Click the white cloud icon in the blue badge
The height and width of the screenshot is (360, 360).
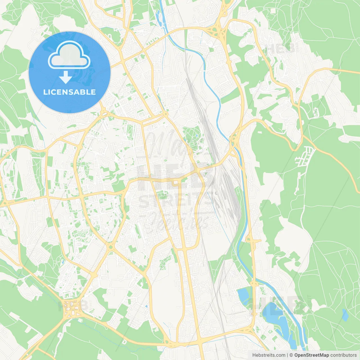tap(69, 55)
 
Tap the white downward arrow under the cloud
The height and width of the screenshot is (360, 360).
tap(66, 77)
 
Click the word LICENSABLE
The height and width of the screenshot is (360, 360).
tap(69, 92)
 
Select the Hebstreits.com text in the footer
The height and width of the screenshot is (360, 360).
tap(269, 355)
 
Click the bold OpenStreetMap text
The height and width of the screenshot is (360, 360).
tap(311, 355)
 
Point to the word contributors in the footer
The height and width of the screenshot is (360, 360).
tap(343, 355)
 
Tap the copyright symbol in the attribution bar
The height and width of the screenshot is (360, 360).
tap(291, 355)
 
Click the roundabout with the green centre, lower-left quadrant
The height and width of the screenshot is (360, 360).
tap(111, 247)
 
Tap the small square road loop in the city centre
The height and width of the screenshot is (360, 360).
tap(176, 183)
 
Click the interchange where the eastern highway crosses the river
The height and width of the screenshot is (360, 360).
tap(234, 138)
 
